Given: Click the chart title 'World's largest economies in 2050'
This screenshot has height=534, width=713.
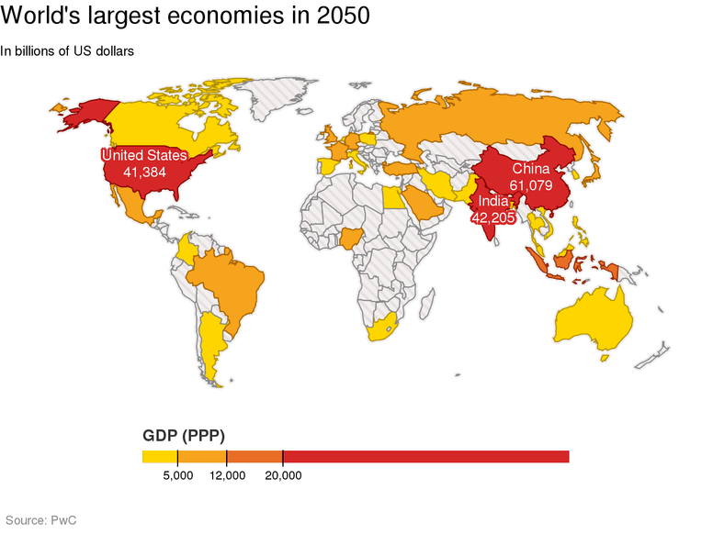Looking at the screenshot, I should [x=186, y=17].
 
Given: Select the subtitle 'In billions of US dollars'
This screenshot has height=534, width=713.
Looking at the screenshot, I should [x=68, y=51].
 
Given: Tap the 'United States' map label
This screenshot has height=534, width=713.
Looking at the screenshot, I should [x=143, y=156].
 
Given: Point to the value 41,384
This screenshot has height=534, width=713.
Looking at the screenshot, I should [x=143, y=172].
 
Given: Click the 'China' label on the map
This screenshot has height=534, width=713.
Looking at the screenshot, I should [x=531, y=169].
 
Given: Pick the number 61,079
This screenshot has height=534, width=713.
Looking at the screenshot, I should [x=531, y=185].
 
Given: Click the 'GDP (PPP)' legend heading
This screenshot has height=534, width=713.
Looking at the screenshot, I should [x=184, y=435].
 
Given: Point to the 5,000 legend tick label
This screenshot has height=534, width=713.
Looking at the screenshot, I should [x=177, y=475].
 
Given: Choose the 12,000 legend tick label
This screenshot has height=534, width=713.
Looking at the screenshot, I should [x=227, y=475].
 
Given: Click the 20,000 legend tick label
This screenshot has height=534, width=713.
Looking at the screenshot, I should [x=283, y=475].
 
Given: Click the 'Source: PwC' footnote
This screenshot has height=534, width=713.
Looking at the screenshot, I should [x=40, y=520].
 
